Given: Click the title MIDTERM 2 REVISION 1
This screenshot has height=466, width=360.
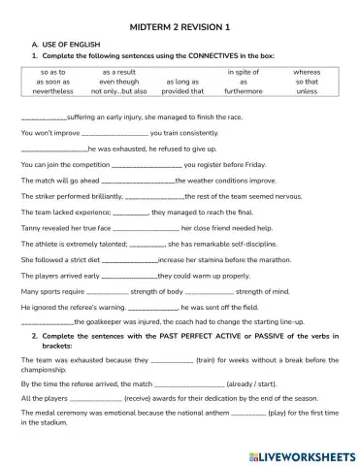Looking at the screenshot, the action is tap(180, 30).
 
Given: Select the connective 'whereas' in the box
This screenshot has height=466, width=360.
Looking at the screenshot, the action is tap(307, 72).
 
